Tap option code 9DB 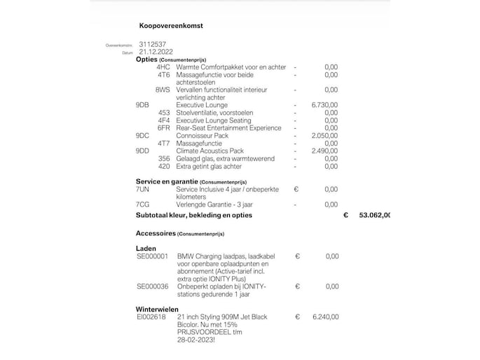(142, 104)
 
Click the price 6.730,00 (324, 104)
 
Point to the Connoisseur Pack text (203, 135)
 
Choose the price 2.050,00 (324, 135)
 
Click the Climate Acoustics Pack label (210, 151)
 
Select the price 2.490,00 (324, 151)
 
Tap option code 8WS (163, 90)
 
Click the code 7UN (142, 189)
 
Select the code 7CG (142, 205)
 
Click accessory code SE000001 (153, 256)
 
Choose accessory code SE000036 (153, 286)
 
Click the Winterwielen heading (157, 309)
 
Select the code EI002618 (151, 317)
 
